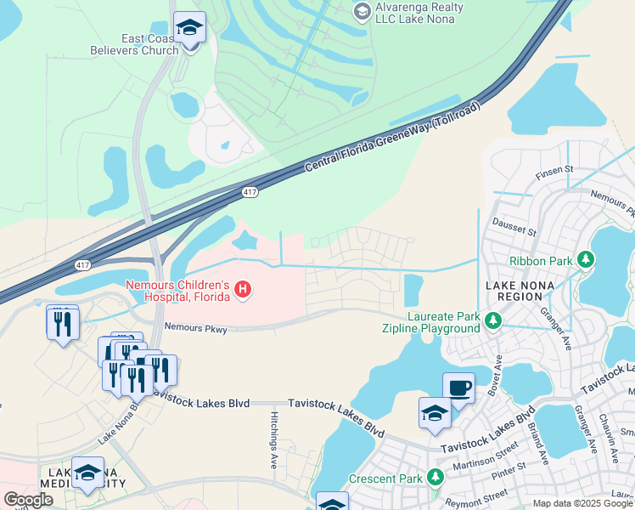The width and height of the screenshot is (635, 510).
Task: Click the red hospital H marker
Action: (244, 291)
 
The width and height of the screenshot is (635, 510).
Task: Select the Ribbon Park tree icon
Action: (584, 258)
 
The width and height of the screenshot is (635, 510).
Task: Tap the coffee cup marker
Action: (458, 388)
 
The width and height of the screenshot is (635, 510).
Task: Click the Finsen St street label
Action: (555, 173)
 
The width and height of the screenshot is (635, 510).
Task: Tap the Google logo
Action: (28, 500)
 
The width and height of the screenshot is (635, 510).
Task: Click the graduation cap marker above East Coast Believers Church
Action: (189, 28)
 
